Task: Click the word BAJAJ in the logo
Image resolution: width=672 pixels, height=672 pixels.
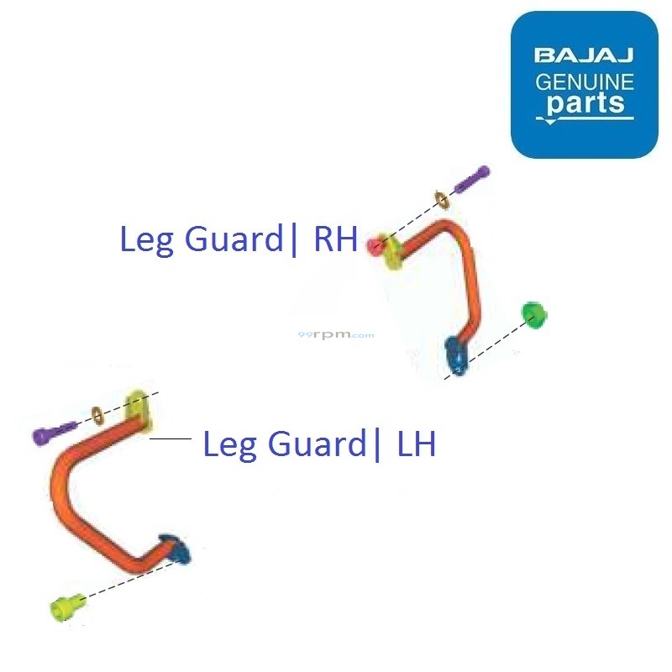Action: pos(584,56)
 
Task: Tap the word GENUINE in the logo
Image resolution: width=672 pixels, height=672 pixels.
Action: pos(585,82)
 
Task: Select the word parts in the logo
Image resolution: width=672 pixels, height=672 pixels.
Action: pos(585,105)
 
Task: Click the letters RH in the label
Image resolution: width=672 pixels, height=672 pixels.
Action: pos(335,240)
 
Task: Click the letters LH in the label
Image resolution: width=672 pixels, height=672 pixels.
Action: pos(417,444)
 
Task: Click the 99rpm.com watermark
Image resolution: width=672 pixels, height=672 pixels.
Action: pos(336,334)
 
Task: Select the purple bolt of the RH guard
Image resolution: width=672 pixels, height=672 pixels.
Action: pos(471,180)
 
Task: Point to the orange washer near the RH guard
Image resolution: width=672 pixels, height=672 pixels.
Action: pos(441,200)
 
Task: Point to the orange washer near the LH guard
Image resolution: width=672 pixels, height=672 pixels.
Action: pos(97,414)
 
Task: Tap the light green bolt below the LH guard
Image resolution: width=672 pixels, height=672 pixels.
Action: pos(66,604)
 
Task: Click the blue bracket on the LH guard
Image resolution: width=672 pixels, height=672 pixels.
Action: pos(177,548)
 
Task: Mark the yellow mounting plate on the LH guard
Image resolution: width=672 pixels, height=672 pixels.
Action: pos(139,409)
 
